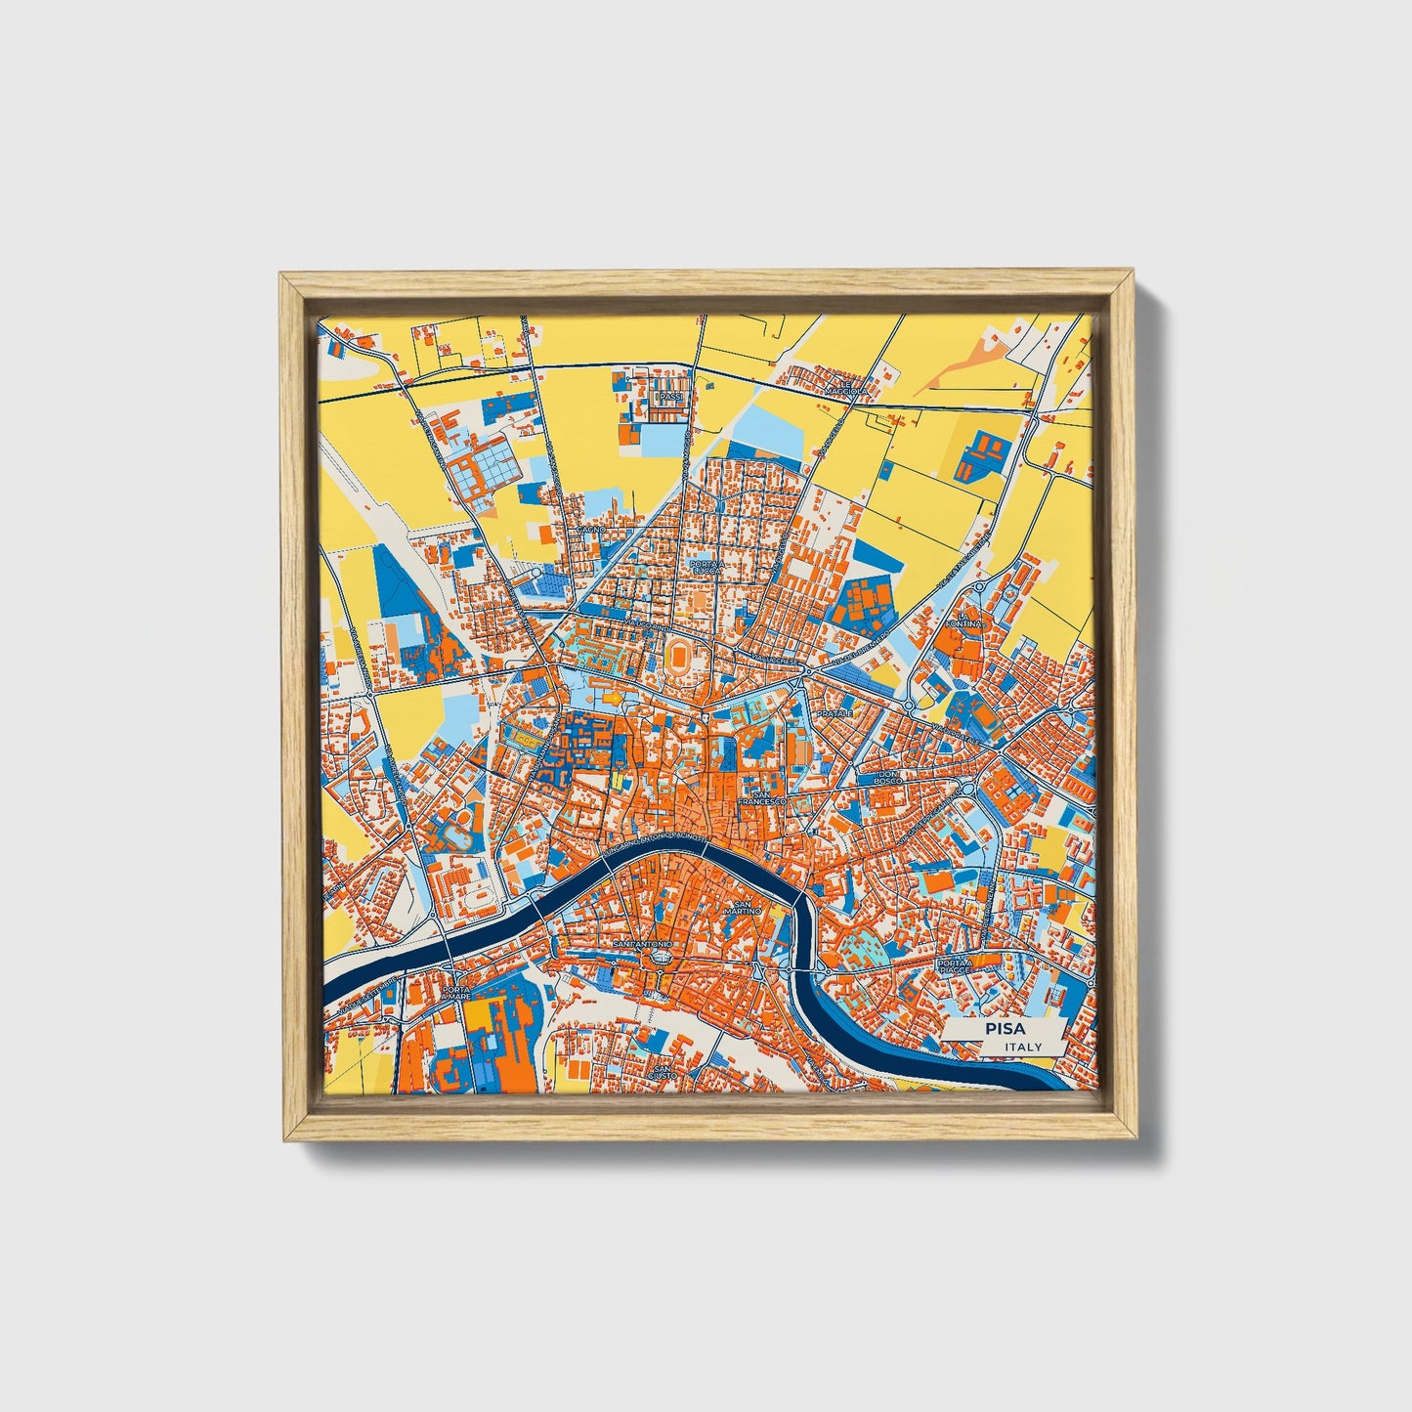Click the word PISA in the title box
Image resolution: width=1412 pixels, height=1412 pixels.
(x=1001, y=1030)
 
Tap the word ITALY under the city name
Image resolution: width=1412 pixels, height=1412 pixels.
(x=1022, y=1047)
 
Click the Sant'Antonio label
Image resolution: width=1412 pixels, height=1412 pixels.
(x=642, y=946)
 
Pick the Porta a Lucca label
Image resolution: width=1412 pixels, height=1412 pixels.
(x=706, y=567)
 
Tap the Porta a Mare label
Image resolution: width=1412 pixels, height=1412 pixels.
(x=456, y=994)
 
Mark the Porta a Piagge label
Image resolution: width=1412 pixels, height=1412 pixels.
(x=954, y=965)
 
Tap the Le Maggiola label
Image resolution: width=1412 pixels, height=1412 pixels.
(x=845, y=391)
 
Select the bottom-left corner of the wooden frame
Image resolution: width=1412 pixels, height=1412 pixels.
(x=280, y=1139)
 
